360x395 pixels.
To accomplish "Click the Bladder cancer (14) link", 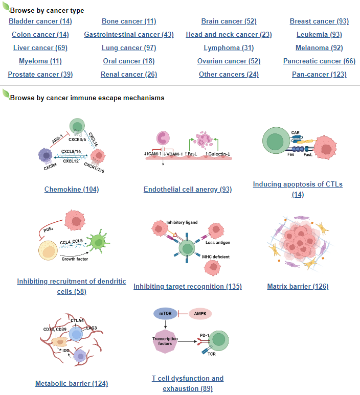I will [40, 21].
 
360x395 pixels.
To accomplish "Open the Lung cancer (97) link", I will [129, 48].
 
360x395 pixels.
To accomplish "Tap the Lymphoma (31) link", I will [229, 48].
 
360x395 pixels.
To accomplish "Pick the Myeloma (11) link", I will [40, 61].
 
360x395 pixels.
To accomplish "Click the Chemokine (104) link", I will [72, 190].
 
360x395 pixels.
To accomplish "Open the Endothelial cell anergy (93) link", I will [188, 190].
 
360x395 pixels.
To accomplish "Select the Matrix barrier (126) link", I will [298, 287].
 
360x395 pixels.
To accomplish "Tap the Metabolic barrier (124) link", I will [72, 384].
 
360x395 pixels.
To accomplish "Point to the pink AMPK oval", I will [200, 313].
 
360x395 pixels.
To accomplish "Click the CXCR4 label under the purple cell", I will [50, 167].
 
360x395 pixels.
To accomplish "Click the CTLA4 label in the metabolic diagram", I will [77, 320].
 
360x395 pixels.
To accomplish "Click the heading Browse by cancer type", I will [47, 10].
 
